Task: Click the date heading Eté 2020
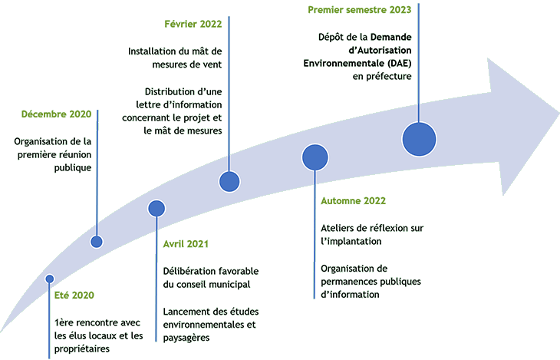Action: [x=75, y=296]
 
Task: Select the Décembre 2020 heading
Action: [x=56, y=114]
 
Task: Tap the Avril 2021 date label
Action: [x=186, y=244]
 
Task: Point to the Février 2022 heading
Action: [x=193, y=25]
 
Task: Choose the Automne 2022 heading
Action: [x=353, y=201]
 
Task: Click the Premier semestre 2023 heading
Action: [x=359, y=10]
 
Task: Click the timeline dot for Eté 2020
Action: [x=50, y=279]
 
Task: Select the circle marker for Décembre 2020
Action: [x=97, y=242]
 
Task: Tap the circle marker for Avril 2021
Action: [x=156, y=208]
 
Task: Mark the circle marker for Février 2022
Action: [x=229, y=182]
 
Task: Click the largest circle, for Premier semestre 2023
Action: [x=419, y=139]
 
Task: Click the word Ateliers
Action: [x=338, y=228]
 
